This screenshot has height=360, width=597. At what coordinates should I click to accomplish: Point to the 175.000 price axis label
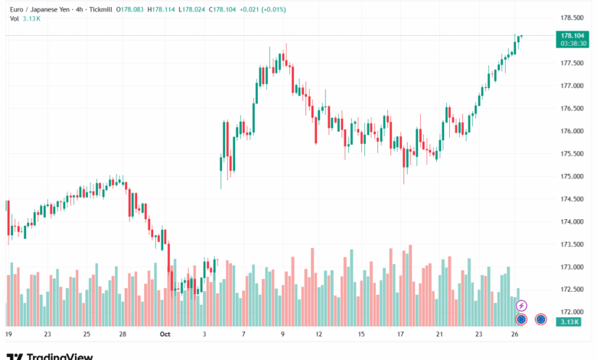click(573, 176)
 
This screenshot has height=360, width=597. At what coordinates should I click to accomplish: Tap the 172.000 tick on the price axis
click(573, 312)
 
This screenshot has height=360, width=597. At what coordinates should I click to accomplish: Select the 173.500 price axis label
click(573, 244)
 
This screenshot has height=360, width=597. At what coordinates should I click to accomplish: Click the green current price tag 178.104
click(573, 35)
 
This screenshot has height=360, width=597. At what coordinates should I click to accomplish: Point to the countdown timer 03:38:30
click(573, 44)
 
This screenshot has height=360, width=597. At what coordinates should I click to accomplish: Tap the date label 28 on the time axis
click(122, 334)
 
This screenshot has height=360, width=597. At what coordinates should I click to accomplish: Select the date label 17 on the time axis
click(400, 334)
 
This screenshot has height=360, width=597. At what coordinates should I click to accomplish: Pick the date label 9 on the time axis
click(282, 334)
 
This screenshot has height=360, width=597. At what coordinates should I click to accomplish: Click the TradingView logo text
click(60, 355)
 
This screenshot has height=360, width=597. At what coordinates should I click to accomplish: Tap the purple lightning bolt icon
click(522, 306)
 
